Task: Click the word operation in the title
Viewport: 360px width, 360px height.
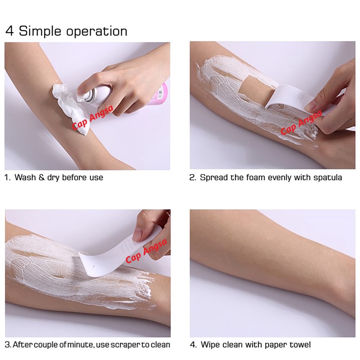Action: click(97, 32)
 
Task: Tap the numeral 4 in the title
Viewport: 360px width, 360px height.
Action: click(9, 31)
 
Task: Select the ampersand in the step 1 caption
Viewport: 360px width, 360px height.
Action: click(41, 178)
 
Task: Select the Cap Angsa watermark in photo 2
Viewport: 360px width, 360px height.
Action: click(301, 123)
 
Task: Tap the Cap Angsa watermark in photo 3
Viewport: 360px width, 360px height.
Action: click(146, 250)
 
